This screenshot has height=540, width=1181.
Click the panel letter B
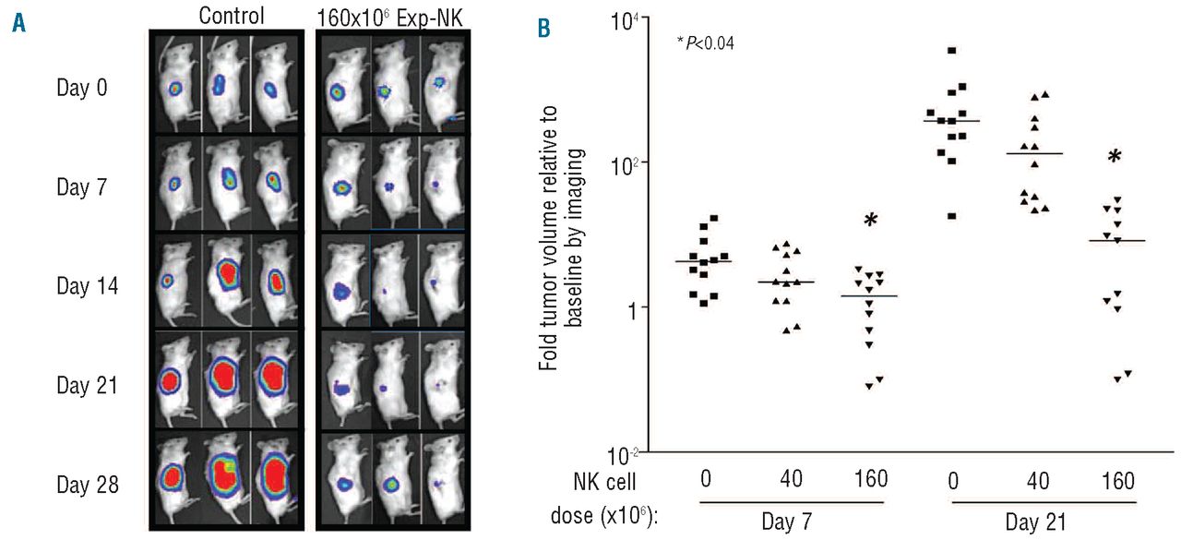[544, 30]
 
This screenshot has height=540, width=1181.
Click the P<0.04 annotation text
[705, 43]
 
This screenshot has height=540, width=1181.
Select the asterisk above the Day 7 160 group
[869, 222]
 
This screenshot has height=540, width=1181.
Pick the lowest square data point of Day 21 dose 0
[925, 216]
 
